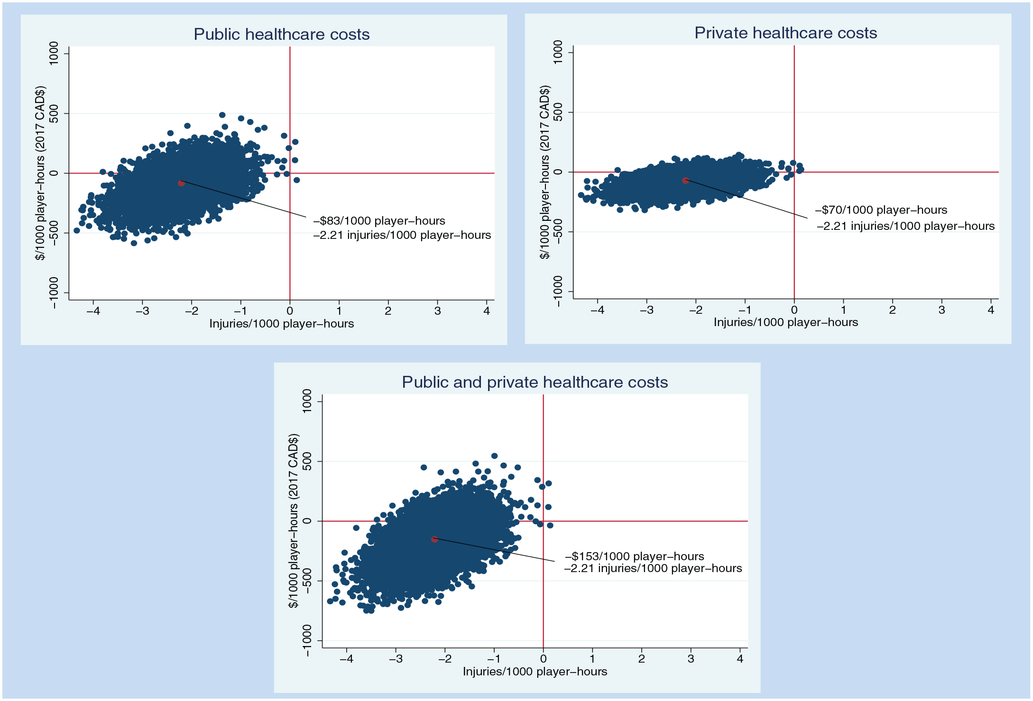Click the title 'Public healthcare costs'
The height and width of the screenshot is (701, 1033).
pyautogui.click(x=281, y=34)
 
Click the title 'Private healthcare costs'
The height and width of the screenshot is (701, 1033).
pyautogui.click(x=786, y=33)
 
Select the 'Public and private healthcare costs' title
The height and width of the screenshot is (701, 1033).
pyautogui.click(x=535, y=382)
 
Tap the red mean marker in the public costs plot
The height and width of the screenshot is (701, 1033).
pyautogui.click(x=181, y=183)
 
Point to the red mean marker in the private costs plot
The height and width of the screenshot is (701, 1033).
pyautogui.click(x=685, y=181)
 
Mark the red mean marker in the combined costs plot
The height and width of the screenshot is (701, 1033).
pyautogui.click(x=434, y=539)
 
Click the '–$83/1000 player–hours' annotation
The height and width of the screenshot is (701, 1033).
pyautogui.click(x=379, y=221)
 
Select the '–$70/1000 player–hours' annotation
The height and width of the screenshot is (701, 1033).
pyautogui.click(x=881, y=210)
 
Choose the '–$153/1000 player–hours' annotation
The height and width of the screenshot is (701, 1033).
pyautogui.click(x=635, y=556)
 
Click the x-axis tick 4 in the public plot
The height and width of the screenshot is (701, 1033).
pyautogui.click(x=487, y=311)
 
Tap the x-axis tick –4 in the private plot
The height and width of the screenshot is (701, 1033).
pyautogui.click(x=597, y=310)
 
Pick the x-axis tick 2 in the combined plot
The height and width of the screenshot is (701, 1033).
pyautogui.click(x=642, y=659)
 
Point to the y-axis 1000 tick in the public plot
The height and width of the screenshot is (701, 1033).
pyautogui.click(x=54, y=53)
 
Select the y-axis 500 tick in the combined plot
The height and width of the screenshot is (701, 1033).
pyautogui.click(x=307, y=461)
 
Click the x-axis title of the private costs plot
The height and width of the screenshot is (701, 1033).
pyautogui.click(x=786, y=322)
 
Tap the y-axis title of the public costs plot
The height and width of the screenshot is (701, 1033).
pyautogui.click(x=40, y=173)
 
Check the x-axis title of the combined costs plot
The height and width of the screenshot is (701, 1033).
pyautogui.click(x=535, y=672)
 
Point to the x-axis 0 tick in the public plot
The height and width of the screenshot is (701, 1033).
pyautogui.click(x=290, y=311)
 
